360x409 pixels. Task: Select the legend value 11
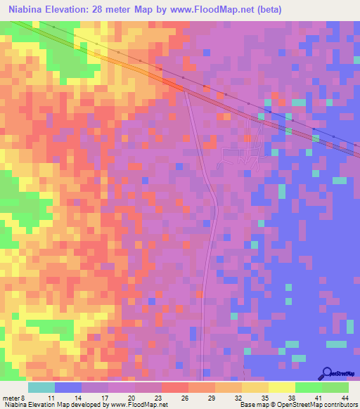click(x=51, y=398)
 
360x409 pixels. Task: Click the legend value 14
click(x=79, y=398)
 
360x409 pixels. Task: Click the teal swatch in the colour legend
click(x=41, y=387)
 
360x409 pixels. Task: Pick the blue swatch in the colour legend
click(x=68, y=387)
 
